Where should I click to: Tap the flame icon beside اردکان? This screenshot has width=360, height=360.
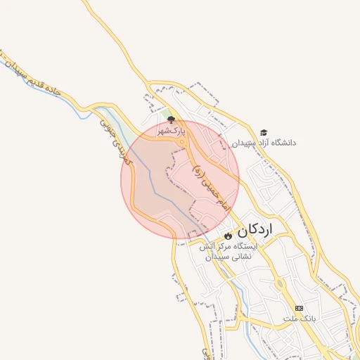coord(228,235)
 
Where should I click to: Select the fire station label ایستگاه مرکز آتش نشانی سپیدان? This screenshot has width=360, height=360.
coord(229,252)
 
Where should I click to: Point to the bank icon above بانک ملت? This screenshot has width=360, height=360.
coord(300,308)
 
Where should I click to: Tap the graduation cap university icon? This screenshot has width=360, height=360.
coord(264,132)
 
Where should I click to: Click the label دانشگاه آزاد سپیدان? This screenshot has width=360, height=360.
coord(264,143)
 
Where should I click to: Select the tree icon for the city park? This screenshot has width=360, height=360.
coord(170,119)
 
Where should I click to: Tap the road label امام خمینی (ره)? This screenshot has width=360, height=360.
coord(211,183)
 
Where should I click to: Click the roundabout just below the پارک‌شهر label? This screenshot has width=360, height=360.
coord(181,143)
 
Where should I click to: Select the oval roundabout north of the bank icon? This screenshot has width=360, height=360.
coord(280,285)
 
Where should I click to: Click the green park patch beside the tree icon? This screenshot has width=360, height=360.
coord(166,115)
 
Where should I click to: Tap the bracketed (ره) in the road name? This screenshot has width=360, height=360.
coord(198,169)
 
